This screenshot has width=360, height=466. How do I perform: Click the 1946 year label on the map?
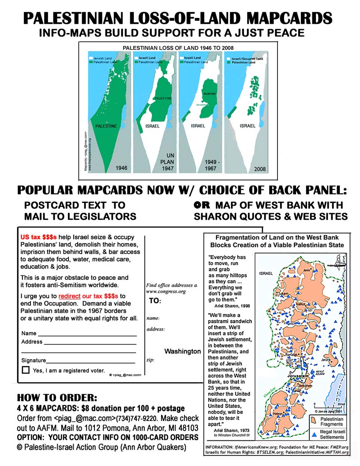[121, 168]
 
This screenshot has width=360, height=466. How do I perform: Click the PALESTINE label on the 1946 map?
[106, 126]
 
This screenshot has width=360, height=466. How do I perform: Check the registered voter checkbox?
[26, 370]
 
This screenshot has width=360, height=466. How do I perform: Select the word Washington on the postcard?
[182, 351]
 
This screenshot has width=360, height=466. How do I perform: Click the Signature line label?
[34, 361]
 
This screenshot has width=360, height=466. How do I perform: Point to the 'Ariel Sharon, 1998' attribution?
[229, 304]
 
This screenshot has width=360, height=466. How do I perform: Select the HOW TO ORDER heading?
[57, 398]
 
